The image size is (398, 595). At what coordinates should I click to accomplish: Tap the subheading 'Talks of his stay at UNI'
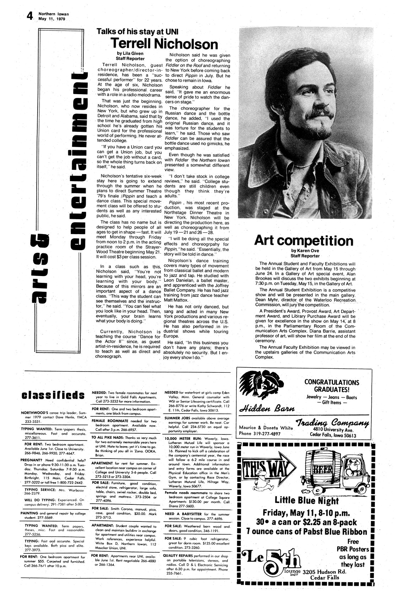coord(138,32)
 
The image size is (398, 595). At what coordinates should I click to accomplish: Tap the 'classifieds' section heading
coord(53,395)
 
